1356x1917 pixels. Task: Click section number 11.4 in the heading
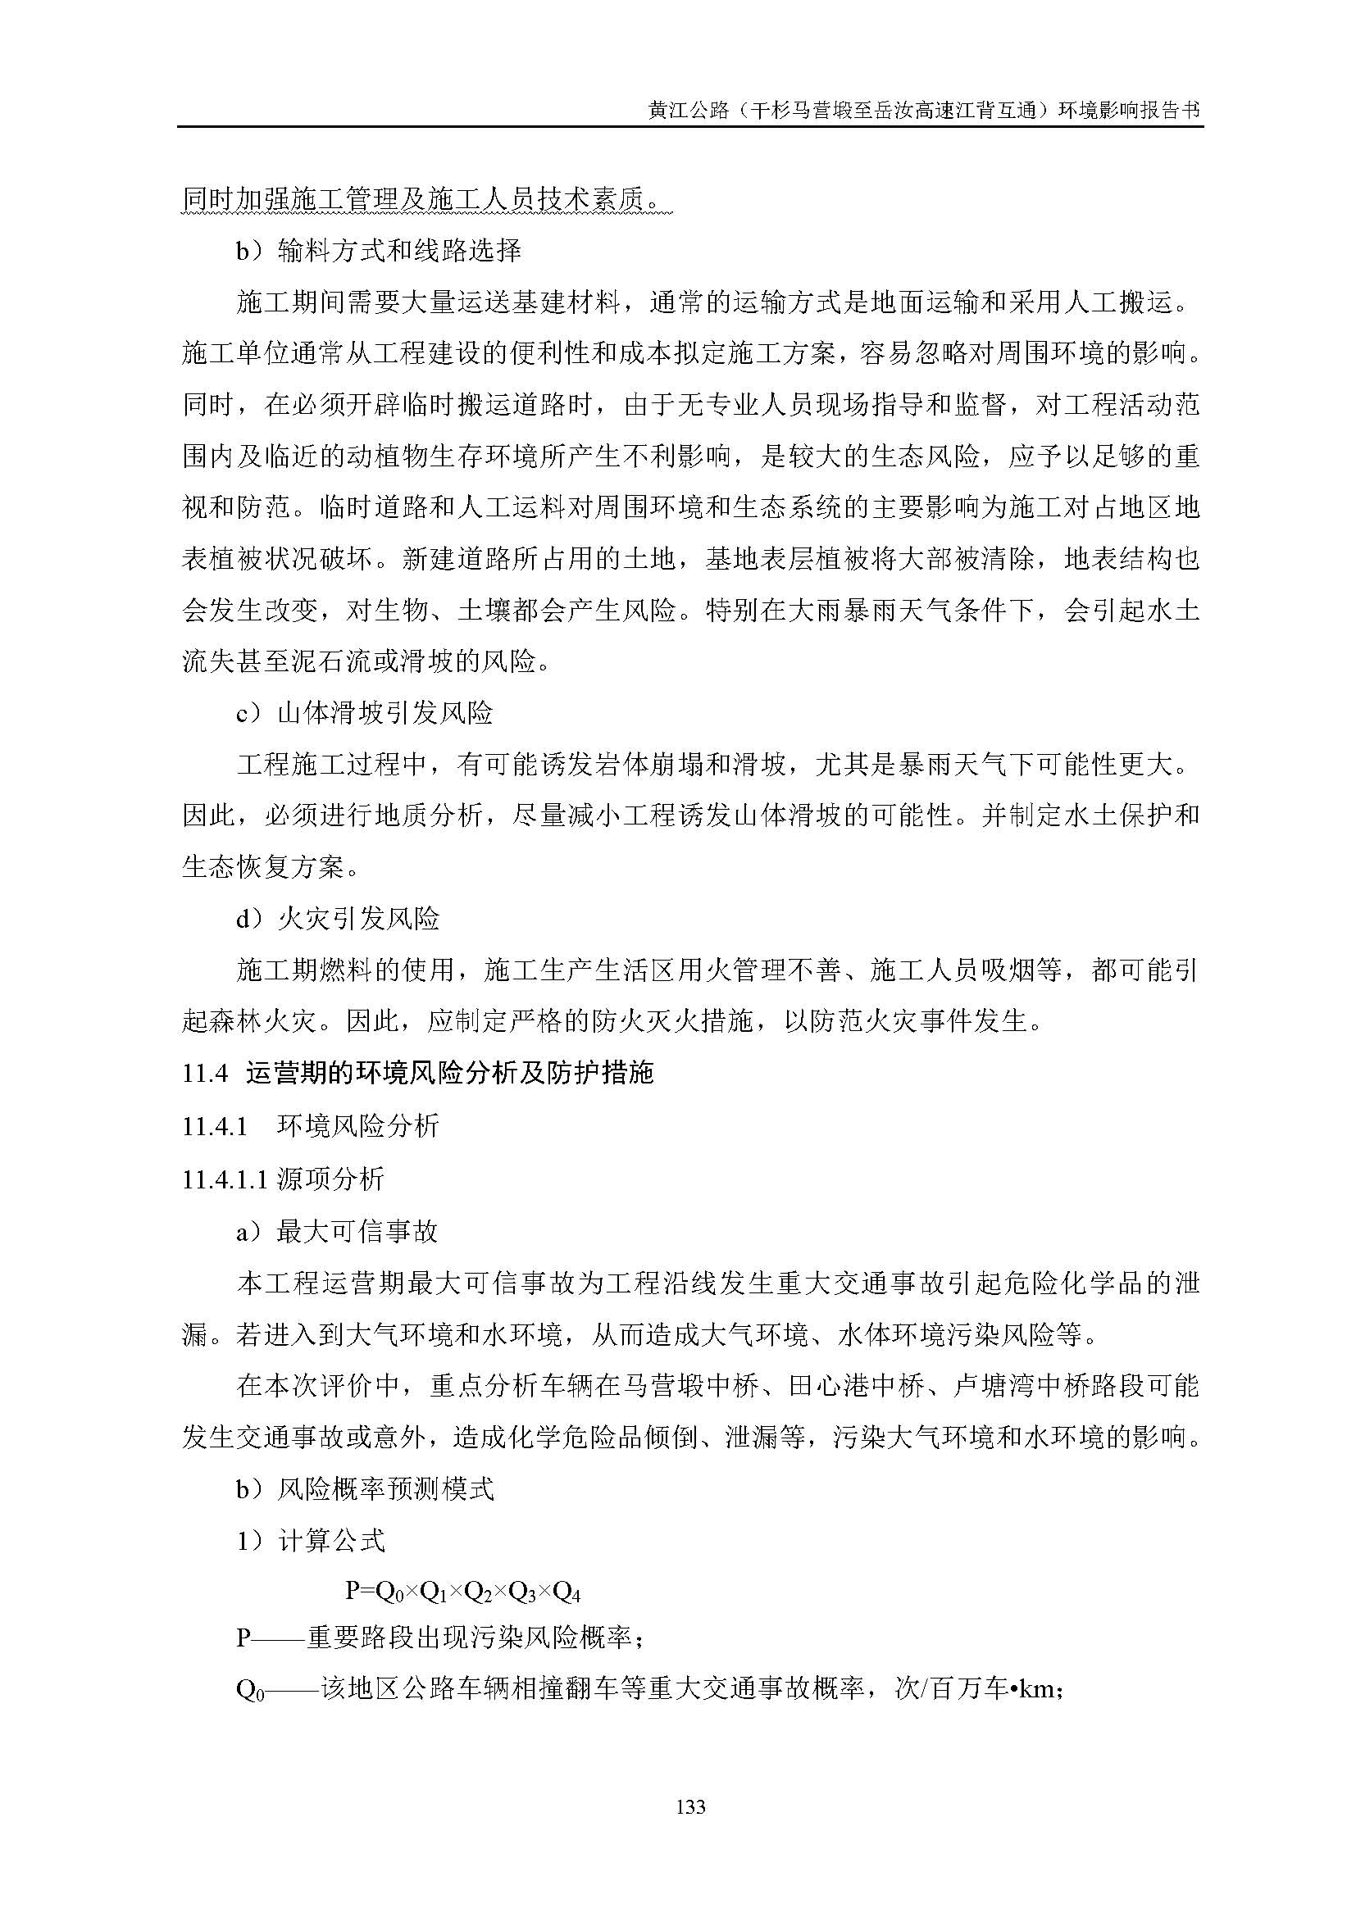coord(205,1074)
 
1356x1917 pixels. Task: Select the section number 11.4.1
coord(215,1126)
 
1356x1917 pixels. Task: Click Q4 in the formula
coord(567,1592)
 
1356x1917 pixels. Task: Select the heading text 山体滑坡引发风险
coord(385,713)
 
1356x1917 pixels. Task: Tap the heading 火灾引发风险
coord(358,920)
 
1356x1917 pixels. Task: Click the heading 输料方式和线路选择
coord(400,250)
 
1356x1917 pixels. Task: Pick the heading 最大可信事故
coord(357,1232)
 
